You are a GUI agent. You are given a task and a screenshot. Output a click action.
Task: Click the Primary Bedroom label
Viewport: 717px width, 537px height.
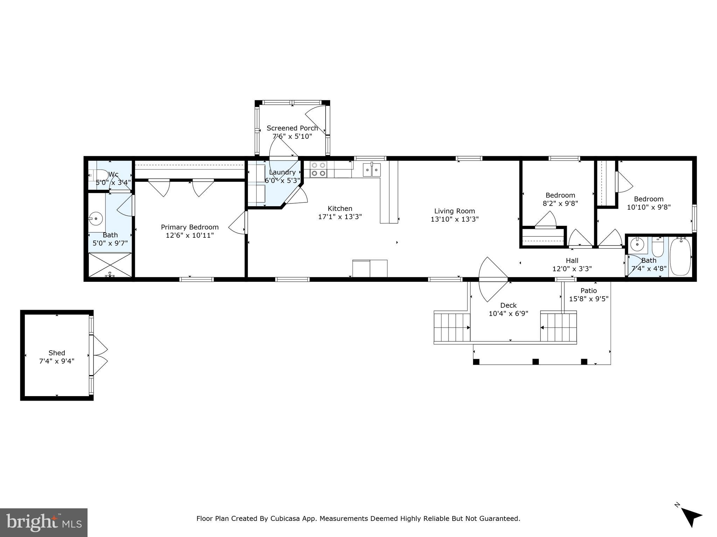pos(190,227)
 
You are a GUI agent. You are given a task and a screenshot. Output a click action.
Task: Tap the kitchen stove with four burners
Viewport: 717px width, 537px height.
pos(318,169)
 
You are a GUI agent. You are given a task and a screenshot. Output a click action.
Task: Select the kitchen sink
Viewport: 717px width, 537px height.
pos(371,170)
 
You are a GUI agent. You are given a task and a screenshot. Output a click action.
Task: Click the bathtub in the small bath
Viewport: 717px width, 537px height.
pos(680,256)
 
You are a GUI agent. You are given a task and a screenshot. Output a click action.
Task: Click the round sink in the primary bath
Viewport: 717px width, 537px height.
pos(96,219)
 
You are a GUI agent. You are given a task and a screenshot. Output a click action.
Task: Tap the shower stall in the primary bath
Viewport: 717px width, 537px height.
pos(110,265)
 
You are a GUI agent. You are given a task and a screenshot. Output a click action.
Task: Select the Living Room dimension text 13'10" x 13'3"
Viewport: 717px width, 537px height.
pos(454,219)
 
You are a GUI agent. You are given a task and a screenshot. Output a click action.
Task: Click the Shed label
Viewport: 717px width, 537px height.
pos(57,353)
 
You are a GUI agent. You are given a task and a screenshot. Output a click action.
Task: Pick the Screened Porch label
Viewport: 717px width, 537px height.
pos(292,128)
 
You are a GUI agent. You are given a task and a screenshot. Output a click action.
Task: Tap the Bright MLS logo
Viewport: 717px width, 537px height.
pos(44,523)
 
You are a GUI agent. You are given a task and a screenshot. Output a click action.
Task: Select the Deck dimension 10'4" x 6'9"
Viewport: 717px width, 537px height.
pos(508,314)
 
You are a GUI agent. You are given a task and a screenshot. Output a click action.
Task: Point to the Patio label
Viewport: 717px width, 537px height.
pos(589,291)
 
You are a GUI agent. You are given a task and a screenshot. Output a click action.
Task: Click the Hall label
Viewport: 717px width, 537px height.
pos(572,260)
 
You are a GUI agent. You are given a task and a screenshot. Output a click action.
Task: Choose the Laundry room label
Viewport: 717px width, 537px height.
pos(282,172)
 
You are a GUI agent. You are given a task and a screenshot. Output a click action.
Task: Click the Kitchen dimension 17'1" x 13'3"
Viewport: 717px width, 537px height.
pos(340,217)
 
